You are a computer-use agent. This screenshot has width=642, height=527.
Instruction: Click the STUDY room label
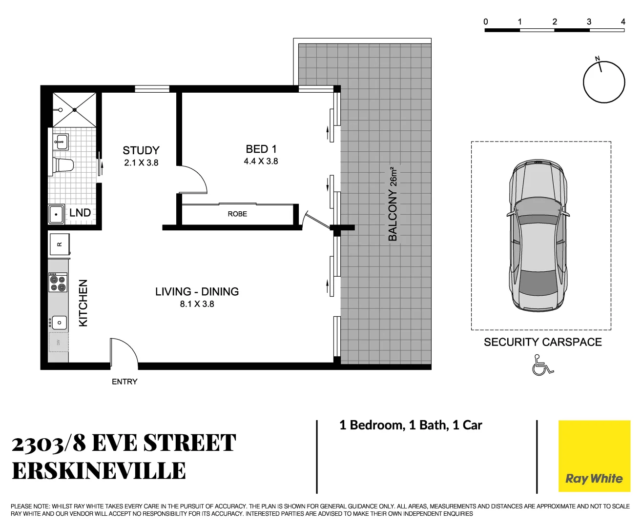pyautogui.click(x=141, y=150)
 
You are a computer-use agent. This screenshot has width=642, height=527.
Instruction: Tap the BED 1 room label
pyautogui.click(x=261, y=149)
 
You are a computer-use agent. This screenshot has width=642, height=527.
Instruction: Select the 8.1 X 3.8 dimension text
pyautogui.click(x=197, y=304)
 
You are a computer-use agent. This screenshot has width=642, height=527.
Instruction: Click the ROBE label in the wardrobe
pyautogui.click(x=237, y=214)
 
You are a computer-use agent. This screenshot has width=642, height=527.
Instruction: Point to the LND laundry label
pyautogui.click(x=80, y=213)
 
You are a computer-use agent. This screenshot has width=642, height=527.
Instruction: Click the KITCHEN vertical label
pyautogui.click(x=83, y=303)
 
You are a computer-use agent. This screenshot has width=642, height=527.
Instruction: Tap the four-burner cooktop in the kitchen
pyautogui.click(x=58, y=283)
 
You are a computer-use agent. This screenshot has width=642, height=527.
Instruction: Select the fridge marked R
pyautogui.click(x=60, y=244)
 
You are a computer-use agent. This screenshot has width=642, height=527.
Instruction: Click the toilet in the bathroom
pyautogui.click(x=63, y=165)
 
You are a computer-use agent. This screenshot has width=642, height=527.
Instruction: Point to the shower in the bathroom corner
pyautogui.click(x=74, y=109)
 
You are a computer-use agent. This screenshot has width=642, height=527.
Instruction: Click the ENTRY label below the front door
pyautogui.click(x=124, y=382)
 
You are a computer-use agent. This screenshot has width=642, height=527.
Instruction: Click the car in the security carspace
pyautogui.click(x=538, y=235)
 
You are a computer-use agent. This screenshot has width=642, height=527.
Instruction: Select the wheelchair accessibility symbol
pyautogui.click(x=542, y=365)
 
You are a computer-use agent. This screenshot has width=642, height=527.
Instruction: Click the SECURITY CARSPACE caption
pyautogui.click(x=542, y=342)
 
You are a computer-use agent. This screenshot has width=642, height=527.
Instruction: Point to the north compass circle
pyautogui.click(x=604, y=82)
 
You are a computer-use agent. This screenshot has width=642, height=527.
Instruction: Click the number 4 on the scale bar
pyautogui.click(x=623, y=21)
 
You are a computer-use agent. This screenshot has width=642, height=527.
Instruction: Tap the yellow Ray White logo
pyautogui.click(x=594, y=456)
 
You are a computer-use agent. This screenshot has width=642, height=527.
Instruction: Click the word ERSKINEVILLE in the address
pyautogui.click(x=99, y=471)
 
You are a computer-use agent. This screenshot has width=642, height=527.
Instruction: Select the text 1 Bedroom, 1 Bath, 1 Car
pyautogui.click(x=411, y=425)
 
